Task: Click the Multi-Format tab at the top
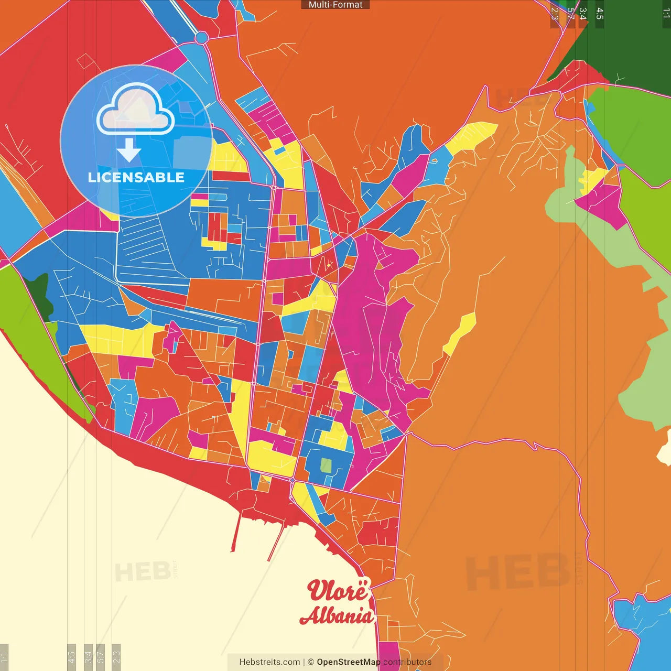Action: [x=335, y=5]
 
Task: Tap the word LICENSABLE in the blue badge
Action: [x=136, y=178]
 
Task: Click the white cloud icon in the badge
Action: [x=135, y=110]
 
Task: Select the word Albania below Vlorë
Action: [x=337, y=615]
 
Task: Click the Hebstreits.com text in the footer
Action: [x=269, y=662]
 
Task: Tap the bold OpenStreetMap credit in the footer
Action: [x=348, y=662]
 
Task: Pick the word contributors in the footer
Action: [x=407, y=662]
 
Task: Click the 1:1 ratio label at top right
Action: [x=666, y=13]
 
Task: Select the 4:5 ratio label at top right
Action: [x=600, y=14]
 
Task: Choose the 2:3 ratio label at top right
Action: [x=555, y=14]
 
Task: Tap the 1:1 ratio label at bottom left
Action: [x=4, y=656]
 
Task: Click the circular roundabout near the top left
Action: [x=201, y=37]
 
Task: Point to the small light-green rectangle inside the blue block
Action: [x=326, y=466]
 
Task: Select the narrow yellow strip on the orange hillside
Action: [x=460, y=333]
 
